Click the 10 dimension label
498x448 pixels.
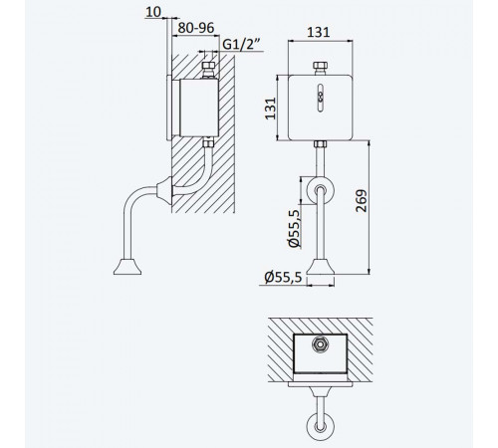click(153, 12)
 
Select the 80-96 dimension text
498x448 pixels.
click(196, 28)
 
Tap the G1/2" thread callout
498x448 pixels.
click(242, 44)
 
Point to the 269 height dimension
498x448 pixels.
click(362, 200)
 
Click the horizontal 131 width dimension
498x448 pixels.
click(319, 32)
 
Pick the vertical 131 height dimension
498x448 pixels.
click(270, 109)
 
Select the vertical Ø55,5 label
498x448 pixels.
click(294, 228)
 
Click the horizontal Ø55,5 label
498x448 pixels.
click(283, 277)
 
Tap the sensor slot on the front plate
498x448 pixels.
click(321, 98)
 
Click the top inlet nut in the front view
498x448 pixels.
click(321, 68)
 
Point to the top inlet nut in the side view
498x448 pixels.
click(209, 70)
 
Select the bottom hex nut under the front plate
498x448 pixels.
click(321, 144)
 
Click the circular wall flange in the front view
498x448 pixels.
click(321, 191)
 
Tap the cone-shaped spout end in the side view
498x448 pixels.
click(127, 267)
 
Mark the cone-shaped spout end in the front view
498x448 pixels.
click(321, 267)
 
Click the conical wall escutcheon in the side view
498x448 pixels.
click(165, 190)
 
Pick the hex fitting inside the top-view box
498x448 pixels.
click(321, 344)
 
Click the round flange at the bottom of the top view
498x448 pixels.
click(321, 427)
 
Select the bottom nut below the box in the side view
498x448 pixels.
click(209, 142)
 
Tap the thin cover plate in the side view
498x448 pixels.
click(168, 108)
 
